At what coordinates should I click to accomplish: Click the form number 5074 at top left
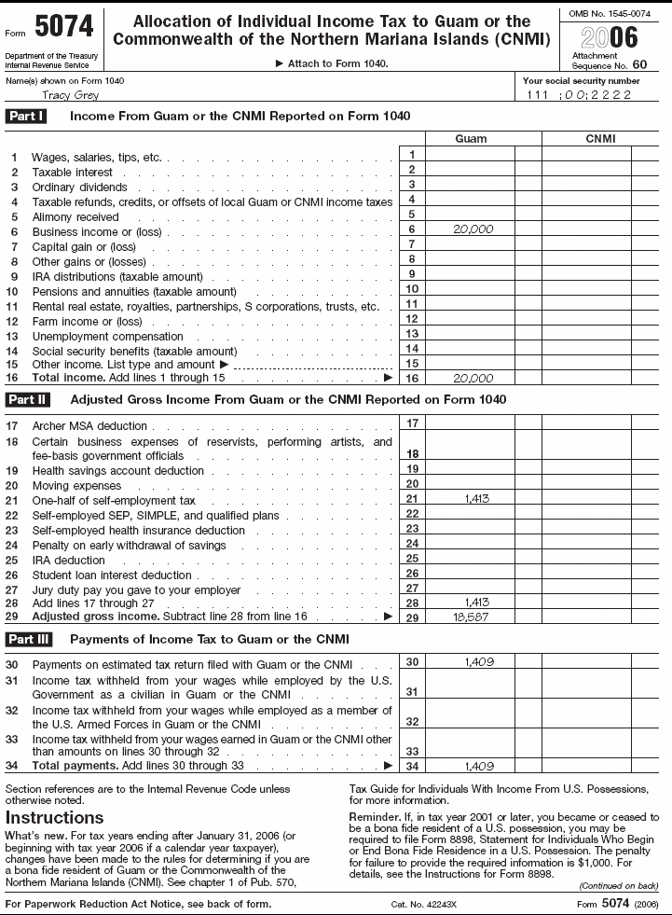65,29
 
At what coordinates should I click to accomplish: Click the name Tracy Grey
71,95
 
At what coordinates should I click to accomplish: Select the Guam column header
470,138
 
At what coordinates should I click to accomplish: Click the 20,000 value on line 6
473,229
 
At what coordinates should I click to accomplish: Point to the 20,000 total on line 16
473,378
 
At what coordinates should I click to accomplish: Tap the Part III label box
29,639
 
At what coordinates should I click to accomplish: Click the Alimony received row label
75,217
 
